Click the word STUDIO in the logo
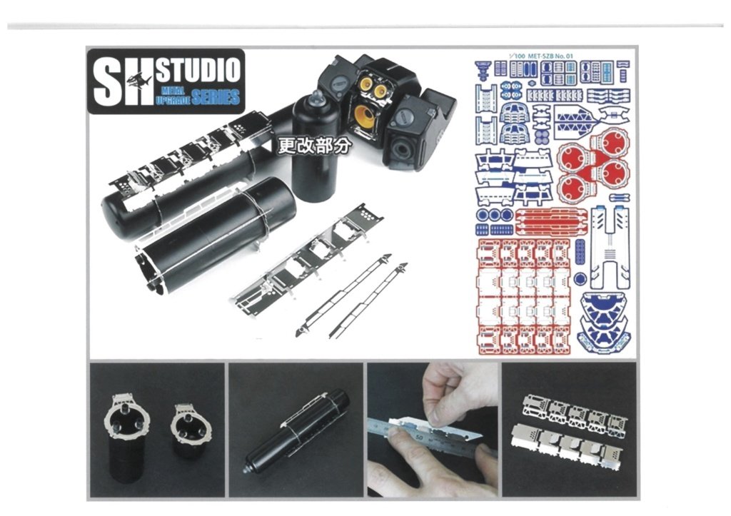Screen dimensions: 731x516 [x=198, y=70]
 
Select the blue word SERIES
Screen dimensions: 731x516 [x=216, y=97]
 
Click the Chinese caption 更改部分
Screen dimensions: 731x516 [x=313, y=146]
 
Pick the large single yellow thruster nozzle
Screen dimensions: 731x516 [x=365, y=116]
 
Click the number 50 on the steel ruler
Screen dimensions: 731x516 [x=419, y=437]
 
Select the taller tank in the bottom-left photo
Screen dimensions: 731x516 [x=126, y=442]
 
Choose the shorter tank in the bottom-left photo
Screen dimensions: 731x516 [x=188, y=431]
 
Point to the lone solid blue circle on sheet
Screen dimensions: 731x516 [x=580, y=279]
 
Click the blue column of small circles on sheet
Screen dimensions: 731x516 [x=580, y=252]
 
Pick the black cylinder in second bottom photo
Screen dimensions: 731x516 [x=296, y=431]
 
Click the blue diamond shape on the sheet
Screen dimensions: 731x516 [x=576, y=119]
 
